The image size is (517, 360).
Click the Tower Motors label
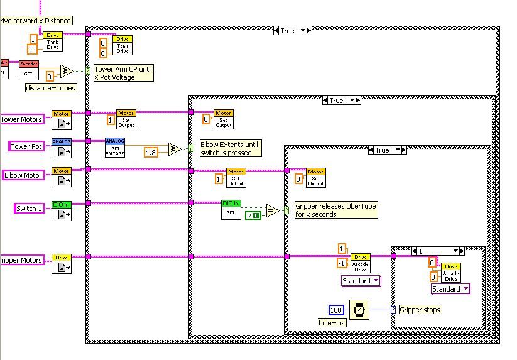(x=22, y=119)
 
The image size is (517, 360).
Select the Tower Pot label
(x=27, y=146)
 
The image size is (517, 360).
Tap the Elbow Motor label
(x=24, y=175)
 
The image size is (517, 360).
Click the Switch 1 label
(x=29, y=209)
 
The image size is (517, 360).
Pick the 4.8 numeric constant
(x=151, y=152)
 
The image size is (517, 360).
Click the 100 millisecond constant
(x=336, y=310)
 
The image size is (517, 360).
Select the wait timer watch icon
(x=358, y=310)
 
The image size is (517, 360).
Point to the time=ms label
(x=332, y=322)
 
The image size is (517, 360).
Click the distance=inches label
(x=51, y=88)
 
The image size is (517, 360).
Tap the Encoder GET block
(x=28, y=70)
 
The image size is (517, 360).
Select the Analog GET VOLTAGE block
(x=115, y=148)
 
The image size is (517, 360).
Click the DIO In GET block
(x=231, y=209)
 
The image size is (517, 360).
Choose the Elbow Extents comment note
(x=229, y=148)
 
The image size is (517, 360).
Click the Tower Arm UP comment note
(x=123, y=73)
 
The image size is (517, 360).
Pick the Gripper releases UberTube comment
(x=336, y=210)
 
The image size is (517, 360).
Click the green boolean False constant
(x=253, y=215)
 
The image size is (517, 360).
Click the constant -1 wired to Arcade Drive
(x=342, y=263)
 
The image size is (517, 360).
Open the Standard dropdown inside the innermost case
(x=450, y=289)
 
